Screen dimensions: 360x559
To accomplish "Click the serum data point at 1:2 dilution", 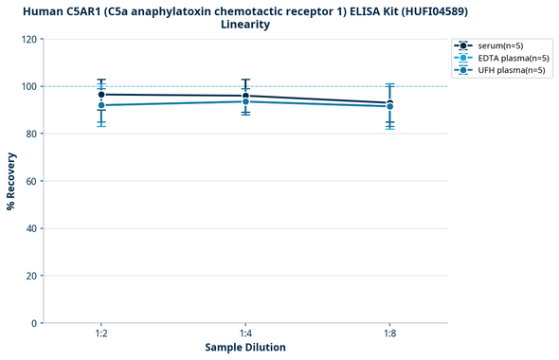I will click(x=101, y=95).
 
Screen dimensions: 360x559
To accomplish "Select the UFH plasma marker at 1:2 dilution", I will click(x=101, y=105).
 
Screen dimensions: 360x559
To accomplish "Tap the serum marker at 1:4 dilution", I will click(x=245, y=96).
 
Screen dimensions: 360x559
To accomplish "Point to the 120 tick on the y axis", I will click(x=30, y=39).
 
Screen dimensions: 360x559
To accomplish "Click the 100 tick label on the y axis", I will click(x=30, y=86).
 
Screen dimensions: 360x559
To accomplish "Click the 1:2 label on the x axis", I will click(x=101, y=333).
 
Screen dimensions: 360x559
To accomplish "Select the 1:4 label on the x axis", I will click(x=245, y=333).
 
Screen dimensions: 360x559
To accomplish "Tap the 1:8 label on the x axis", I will click(x=389, y=333).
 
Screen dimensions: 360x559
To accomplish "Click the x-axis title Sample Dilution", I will click(x=245, y=348).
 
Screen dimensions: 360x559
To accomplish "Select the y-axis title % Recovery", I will click(x=11, y=181).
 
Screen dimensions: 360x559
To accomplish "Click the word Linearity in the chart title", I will click(x=245, y=25).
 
